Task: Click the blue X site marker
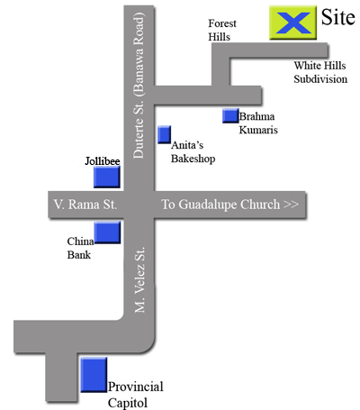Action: point(293,23)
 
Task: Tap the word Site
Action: point(337,17)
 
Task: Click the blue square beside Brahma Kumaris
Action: point(230,115)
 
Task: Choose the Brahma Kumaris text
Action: point(258,123)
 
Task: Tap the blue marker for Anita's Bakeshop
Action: point(164,135)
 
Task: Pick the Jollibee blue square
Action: point(107,178)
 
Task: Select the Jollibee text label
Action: point(102,160)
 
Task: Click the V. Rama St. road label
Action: point(85,205)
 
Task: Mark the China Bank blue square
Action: point(108,233)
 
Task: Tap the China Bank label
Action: point(80,249)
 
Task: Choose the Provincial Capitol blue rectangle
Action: point(94,374)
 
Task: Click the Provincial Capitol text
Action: point(136,396)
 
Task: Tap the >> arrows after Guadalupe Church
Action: point(291,205)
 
